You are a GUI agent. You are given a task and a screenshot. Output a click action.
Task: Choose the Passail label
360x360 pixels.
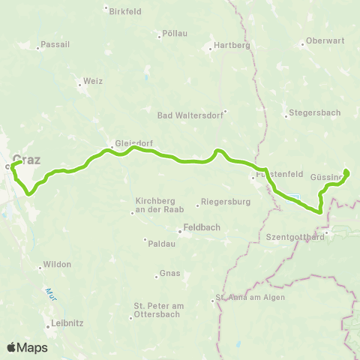[x=57, y=44]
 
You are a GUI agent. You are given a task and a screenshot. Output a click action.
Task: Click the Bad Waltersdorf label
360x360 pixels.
[x=186, y=115]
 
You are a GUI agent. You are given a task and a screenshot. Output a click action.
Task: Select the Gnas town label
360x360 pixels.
[x=170, y=274]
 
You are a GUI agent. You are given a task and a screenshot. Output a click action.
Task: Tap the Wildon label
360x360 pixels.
[x=58, y=265]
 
